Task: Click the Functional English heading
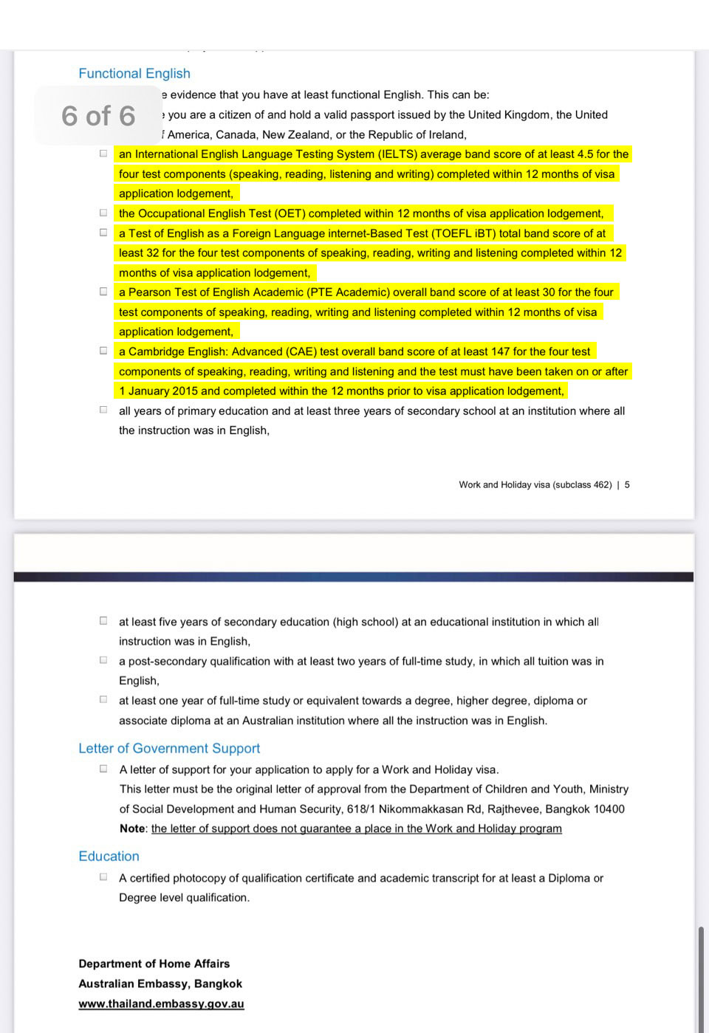click(x=134, y=73)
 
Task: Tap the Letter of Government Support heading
click(x=169, y=748)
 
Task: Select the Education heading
click(x=109, y=856)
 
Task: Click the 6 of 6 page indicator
click(x=98, y=116)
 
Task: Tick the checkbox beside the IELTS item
click(x=103, y=154)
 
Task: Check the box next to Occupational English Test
click(x=103, y=213)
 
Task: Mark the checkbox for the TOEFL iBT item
click(x=103, y=233)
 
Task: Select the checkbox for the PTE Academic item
click(x=103, y=292)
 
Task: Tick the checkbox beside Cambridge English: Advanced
click(x=103, y=351)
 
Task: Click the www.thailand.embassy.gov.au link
click(x=161, y=1003)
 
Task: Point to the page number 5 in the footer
click(x=627, y=485)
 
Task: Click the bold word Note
click(x=132, y=828)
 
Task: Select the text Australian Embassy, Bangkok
click(x=160, y=984)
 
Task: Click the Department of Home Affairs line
click(x=154, y=964)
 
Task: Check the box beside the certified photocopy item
click(x=103, y=877)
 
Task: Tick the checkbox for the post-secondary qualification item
click(x=103, y=660)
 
